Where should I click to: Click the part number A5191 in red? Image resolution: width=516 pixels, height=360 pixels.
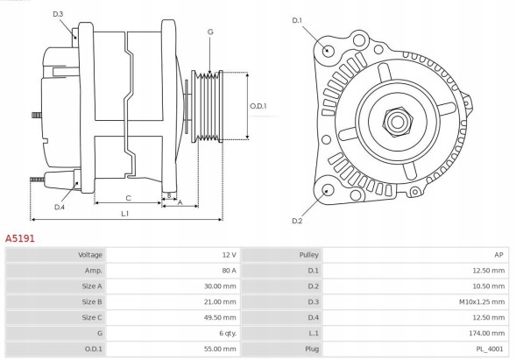pyautogui.click(x=20, y=237)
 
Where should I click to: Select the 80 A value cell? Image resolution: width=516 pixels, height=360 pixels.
pyautogui.click(x=230, y=270)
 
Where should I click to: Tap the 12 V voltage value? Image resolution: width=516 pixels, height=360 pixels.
pyautogui.click(x=230, y=254)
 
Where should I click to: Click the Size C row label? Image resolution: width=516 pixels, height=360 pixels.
pyautogui.click(x=91, y=317)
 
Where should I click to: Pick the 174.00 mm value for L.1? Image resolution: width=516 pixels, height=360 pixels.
pyautogui.click(x=486, y=333)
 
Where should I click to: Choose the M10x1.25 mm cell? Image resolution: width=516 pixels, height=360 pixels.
pyautogui.click(x=480, y=301)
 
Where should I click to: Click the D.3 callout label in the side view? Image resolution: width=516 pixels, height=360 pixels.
pyautogui.click(x=58, y=14)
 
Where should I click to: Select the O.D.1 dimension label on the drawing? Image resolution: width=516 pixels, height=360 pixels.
pyautogui.click(x=258, y=106)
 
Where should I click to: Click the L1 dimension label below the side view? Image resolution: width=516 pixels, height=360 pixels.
pyautogui.click(x=125, y=213)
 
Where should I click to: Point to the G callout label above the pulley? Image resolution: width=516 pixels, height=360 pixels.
pyautogui.click(x=210, y=32)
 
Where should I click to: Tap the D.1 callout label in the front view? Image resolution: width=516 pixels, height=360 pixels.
pyautogui.click(x=296, y=20)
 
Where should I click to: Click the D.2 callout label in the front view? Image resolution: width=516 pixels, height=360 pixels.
pyautogui.click(x=296, y=221)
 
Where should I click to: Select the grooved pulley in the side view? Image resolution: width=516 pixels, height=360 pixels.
pyautogui.click(x=209, y=105)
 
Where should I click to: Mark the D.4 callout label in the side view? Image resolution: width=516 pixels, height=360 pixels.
pyautogui.click(x=60, y=207)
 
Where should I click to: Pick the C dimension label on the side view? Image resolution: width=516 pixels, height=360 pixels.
pyautogui.click(x=128, y=198)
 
